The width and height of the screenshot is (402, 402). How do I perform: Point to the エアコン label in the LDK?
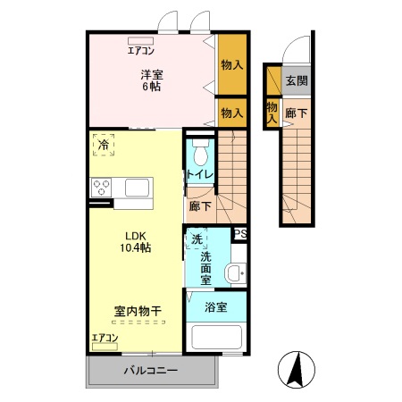coord(105,338)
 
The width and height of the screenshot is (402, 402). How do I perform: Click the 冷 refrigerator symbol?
coord(105,145)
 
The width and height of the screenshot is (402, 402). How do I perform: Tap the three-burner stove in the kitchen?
coord(101,188)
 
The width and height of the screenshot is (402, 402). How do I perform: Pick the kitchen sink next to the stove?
coord(138,188)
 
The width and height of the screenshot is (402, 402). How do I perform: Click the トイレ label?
coord(199,174)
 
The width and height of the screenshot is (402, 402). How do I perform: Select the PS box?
coord(239,234)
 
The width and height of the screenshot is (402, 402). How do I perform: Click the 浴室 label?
coord(216,306)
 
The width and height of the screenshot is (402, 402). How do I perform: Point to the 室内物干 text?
coord(137,312)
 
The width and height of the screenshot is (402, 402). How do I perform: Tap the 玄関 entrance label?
coord(296,80)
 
